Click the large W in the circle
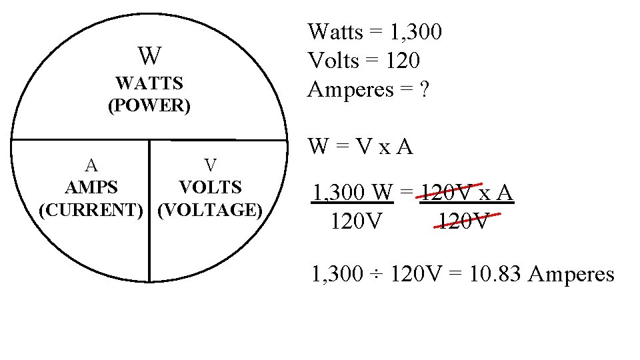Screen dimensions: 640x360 coord(149,56)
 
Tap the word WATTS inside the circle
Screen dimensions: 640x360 coord(149,84)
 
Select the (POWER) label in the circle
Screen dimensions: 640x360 coord(149,106)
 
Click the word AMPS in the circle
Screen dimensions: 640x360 coord(91,187)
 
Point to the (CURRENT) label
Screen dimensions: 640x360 coord(91,210)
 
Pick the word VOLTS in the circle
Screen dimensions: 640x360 coord(210,187)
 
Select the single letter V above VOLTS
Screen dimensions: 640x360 coord(210,165)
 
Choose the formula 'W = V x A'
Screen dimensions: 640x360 coord(360,146)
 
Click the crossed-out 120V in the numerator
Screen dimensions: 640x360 coord(447,193)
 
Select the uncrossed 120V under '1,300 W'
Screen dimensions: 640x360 coord(357,221)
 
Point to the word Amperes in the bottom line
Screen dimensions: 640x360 coord(571,274)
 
